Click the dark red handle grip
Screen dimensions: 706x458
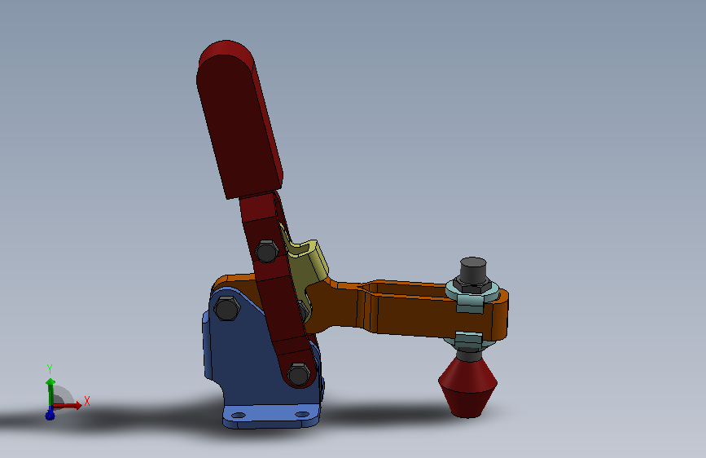pos(239,120)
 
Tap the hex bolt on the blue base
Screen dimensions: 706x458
pos(226,309)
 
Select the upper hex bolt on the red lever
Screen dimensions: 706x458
pos(266,251)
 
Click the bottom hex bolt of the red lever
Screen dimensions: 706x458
pos(299,375)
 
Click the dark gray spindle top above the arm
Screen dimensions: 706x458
pos(473,270)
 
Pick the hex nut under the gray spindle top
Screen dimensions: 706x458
pos(471,285)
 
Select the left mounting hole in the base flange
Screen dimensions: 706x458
pos(239,415)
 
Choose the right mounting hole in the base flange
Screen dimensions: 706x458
pos(302,414)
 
